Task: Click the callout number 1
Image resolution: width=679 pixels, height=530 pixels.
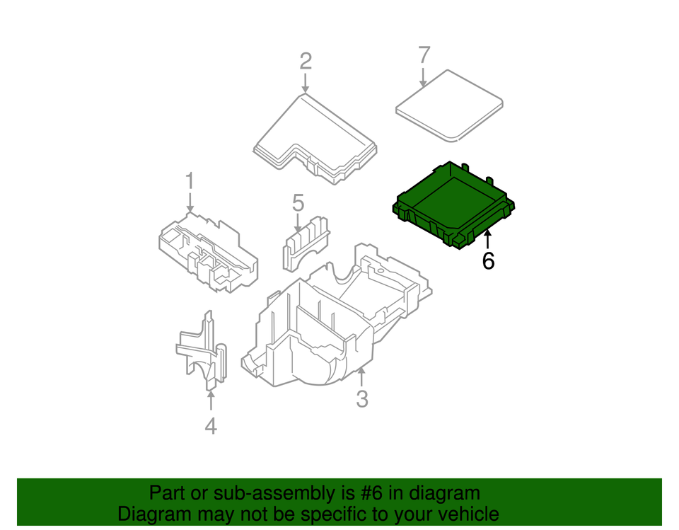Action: point(190,181)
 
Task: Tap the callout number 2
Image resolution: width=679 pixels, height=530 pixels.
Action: point(305,61)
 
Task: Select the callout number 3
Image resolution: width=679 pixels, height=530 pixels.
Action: point(362,400)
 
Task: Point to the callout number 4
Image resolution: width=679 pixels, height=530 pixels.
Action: point(211,426)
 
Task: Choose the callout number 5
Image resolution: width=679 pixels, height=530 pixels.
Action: point(298,203)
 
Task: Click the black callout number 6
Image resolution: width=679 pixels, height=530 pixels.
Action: point(488,261)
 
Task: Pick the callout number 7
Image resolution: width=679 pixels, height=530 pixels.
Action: point(424,54)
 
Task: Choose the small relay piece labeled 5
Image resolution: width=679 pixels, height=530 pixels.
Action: point(306,241)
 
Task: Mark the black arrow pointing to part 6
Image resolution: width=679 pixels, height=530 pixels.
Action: point(487,239)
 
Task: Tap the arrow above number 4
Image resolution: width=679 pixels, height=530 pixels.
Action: point(211,400)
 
